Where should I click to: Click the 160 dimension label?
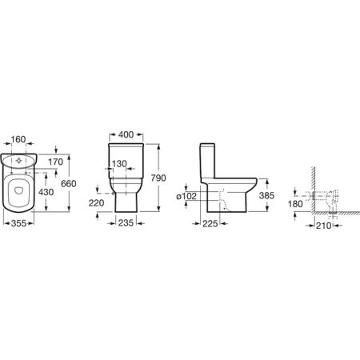(18, 139)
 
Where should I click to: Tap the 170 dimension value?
(56, 162)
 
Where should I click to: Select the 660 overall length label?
(69, 183)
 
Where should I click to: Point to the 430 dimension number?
(46, 192)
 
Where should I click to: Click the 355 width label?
(18, 223)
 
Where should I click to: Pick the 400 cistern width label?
(126, 134)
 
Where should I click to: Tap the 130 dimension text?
(119, 164)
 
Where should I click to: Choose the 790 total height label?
(158, 178)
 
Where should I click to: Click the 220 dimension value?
(96, 203)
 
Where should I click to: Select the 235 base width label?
(126, 223)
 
